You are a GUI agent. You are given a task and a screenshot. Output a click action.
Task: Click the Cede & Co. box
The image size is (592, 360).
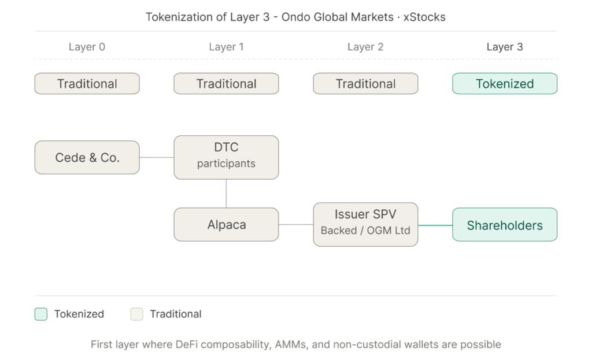[x=87, y=157]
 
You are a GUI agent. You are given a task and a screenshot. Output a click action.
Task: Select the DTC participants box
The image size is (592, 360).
[x=226, y=157]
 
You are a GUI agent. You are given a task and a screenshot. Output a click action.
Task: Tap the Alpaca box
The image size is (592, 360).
[x=226, y=225]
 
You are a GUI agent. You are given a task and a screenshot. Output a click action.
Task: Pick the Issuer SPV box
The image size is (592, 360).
[x=365, y=224]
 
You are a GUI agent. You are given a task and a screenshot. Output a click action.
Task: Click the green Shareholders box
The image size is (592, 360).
[x=505, y=225]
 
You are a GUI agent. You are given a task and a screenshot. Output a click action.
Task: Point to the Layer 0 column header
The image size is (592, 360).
[x=87, y=47]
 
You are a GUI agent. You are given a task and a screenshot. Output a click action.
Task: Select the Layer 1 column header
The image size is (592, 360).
[x=226, y=47]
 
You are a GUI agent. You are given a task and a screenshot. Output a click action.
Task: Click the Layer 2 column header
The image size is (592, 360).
[x=365, y=47]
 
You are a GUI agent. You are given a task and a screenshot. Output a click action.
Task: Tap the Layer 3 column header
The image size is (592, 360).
[x=505, y=47]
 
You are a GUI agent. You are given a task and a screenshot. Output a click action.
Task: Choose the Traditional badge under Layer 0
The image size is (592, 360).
[x=87, y=84]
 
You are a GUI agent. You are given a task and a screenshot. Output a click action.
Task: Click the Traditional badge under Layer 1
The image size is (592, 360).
[x=226, y=84]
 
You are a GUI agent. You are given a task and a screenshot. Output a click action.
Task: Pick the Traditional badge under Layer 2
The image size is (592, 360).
[x=365, y=84]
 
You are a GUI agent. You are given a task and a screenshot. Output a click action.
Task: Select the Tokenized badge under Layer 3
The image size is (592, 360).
[x=505, y=84]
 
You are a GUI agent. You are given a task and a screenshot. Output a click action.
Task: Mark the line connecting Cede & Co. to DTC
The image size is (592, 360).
[x=157, y=157]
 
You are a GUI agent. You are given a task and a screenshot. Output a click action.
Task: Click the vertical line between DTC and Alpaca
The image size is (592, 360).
[x=226, y=194]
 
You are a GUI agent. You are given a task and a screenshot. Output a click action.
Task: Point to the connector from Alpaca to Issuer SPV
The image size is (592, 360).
[x=296, y=225]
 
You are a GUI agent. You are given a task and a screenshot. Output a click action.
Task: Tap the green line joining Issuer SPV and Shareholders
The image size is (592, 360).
[x=435, y=225]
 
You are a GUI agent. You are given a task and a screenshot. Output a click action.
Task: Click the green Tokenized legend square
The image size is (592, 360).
[x=40, y=314]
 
